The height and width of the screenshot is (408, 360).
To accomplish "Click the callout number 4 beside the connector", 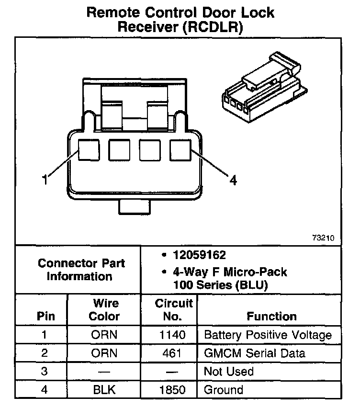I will pyautogui.click(x=233, y=180).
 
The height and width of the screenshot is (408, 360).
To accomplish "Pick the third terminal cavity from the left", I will pyautogui.click(x=150, y=150).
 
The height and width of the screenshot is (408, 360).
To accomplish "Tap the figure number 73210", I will pyautogui.click(x=325, y=238).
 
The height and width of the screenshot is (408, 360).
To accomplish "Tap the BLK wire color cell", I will pyautogui.click(x=104, y=390).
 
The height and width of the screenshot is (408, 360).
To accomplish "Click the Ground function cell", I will pyautogui.click(x=224, y=390).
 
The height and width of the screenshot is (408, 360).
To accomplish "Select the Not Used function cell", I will pyautogui.click(x=229, y=372).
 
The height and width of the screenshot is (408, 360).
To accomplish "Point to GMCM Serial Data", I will pyautogui.click(x=254, y=353).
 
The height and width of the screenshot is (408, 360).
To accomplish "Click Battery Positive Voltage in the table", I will pyautogui.click(x=268, y=335).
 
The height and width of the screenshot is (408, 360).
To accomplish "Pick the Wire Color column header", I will pyautogui.click(x=104, y=310).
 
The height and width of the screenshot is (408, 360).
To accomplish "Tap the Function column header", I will pyautogui.click(x=271, y=316).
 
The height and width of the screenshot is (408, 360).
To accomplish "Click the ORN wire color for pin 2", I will pyautogui.click(x=104, y=353).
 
